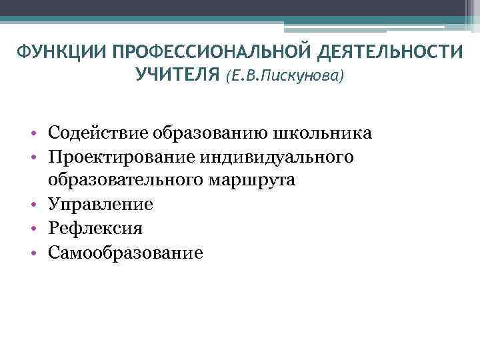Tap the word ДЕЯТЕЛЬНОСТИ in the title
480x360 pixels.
(394, 53)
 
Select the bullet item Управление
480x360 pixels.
(100, 205)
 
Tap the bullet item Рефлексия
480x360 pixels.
(95, 229)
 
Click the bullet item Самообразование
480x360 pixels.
(125, 253)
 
